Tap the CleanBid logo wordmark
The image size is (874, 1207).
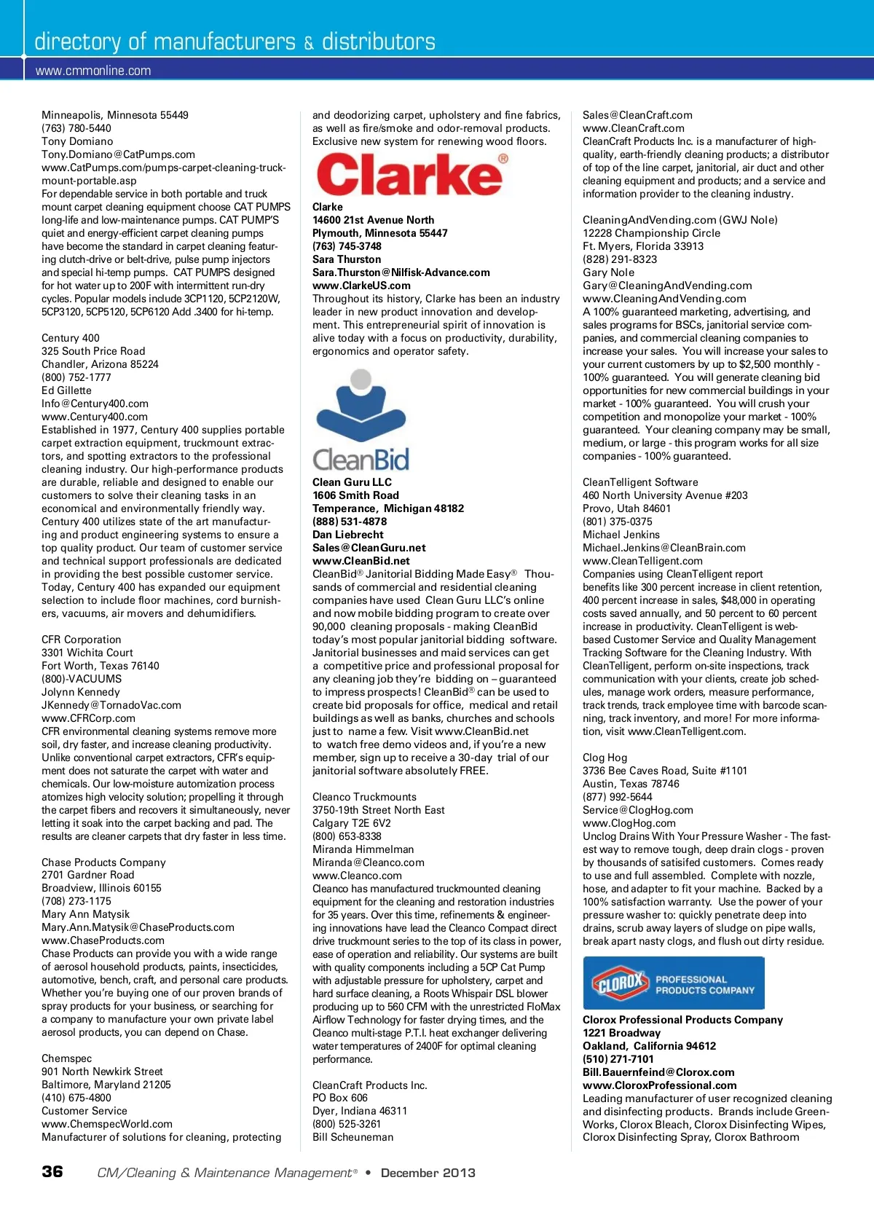click(x=361, y=460)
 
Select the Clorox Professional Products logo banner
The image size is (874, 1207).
click(x=674, y=983)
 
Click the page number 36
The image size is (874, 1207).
click(x=52, y=1171)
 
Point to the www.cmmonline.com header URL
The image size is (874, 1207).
click(x=93, y=71)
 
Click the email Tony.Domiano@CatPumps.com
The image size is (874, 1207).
click(x=118, y=154)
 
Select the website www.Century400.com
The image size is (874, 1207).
click(x=95, y=417)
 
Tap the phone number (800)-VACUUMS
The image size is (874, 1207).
click(x=82, y=679)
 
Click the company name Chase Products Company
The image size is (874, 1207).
click(x=103, y=862)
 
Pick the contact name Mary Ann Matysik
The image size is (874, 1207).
click(x=85, y=914)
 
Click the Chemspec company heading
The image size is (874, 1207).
click(x=67, y=1058)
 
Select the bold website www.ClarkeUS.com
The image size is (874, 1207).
click(x=361, y=286)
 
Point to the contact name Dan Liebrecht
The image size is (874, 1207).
click(x=348, y=535)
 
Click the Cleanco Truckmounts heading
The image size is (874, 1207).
click(x=364, y=797)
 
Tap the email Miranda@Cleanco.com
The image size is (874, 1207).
click(x=369, y=862)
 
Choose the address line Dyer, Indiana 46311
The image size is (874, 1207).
click(x=360, y=1111)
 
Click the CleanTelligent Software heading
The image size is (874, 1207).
click(x=640, y=482)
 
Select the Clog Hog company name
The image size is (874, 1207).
click(x=605, y=758)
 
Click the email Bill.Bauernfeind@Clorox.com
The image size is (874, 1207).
click(x=658, y=1072)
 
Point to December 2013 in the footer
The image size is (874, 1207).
click(x=428, y=1173)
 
